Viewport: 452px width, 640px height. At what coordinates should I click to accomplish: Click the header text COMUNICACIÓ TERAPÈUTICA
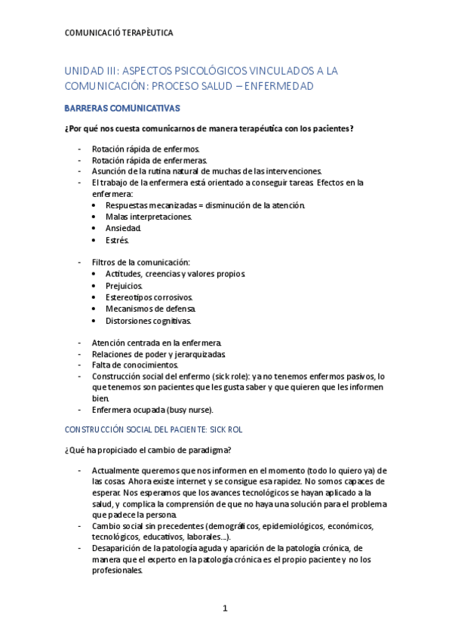(118, 33)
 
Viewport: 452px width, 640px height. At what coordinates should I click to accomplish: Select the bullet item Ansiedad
(123, 228)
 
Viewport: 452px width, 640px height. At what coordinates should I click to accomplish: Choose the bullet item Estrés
(118, 240)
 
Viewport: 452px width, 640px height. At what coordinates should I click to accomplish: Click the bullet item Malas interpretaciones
(149, 217)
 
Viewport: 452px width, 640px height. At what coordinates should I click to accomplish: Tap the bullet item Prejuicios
(125, 286)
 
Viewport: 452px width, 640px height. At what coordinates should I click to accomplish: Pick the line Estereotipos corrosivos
(149, 297)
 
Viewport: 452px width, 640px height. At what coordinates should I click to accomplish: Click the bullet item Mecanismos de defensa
(151, 309)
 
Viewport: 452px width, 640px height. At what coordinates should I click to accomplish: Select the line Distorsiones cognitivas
(149, 320)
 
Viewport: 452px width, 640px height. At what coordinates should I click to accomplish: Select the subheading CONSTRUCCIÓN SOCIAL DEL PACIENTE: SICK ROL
(153, 429)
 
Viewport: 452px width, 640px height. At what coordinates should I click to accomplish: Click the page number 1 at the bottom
(225, 608)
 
